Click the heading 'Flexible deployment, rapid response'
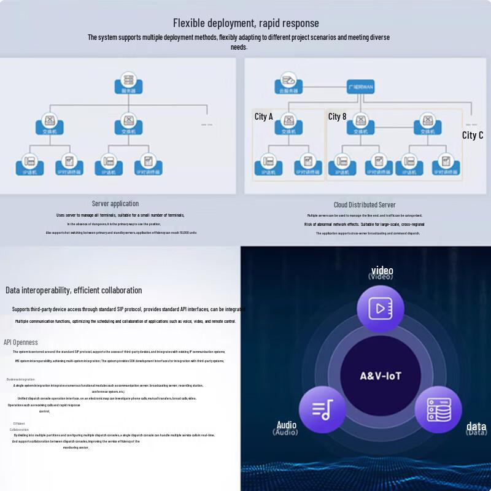coord(245,23)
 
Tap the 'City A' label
coord(263,117)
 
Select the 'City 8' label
coord(337,117)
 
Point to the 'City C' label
coord(473,135)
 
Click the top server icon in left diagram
coord(128,82)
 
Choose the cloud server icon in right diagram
coord(288,82)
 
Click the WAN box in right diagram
coord(360,87)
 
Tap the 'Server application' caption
coord(115,204)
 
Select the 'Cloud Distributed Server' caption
coord(365,205)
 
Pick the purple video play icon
coord(380,308)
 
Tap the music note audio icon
coord(322,409)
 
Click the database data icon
coord(438,409)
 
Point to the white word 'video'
coord(382,271)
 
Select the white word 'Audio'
coord(286,425)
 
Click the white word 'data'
coord(476,426)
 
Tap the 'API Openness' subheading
coord(21,342)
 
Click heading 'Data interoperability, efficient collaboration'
coord(74,290)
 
